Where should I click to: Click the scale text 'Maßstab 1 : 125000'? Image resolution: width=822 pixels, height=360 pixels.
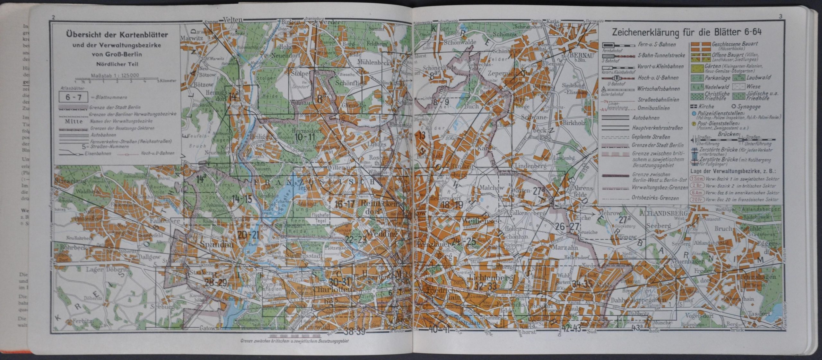coord(115,75)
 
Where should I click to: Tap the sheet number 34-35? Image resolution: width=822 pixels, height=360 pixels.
coord(582,284)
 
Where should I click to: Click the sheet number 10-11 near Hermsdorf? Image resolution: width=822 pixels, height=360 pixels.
coord(305,137)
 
